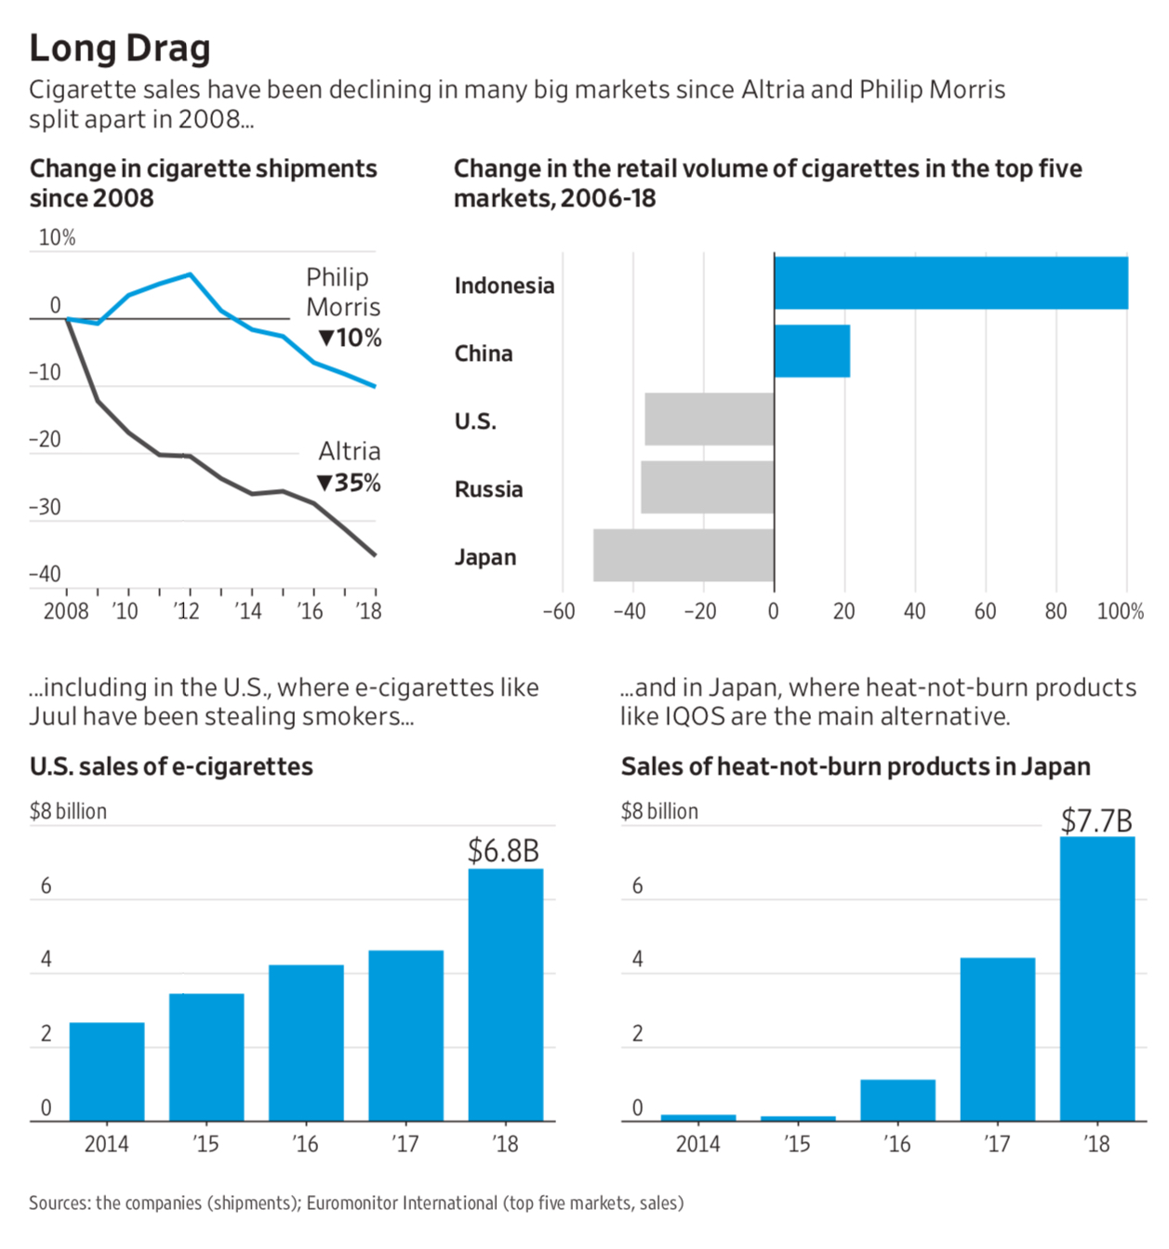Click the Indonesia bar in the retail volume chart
click(950, 283)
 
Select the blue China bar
click(812, 351)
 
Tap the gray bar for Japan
click(684, 555)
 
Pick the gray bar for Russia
click(707, 487)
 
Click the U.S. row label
click(475, 421)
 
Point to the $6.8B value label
click(503, 850)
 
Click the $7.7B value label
click(1096, 820)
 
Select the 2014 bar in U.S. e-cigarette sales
click(107, 1071)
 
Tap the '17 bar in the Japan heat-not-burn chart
click(997, 1039)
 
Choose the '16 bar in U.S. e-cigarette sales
click(306, 1043)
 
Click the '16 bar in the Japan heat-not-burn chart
click(897, 1100)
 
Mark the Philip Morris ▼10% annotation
click(344, 307)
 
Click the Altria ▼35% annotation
click(350, 467)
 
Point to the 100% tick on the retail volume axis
click(1121, 611)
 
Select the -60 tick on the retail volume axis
click(559, 611)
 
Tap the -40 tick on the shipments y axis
click(45, 574)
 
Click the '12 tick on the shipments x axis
click(187, 611)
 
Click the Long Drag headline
click(120, 48)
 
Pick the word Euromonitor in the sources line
click(352, 1202)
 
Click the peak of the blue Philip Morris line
click(190, 273)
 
